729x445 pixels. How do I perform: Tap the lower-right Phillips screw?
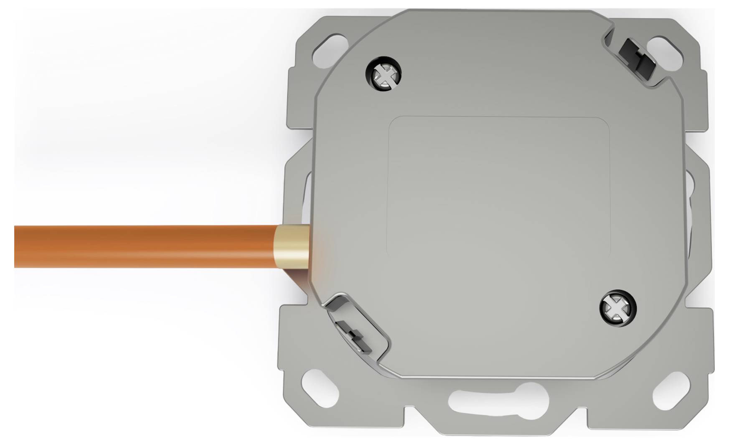(x=618, y=308)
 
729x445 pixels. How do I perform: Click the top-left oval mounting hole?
(x=331, y=49)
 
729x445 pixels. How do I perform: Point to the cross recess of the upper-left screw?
(x=384, y=75)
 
